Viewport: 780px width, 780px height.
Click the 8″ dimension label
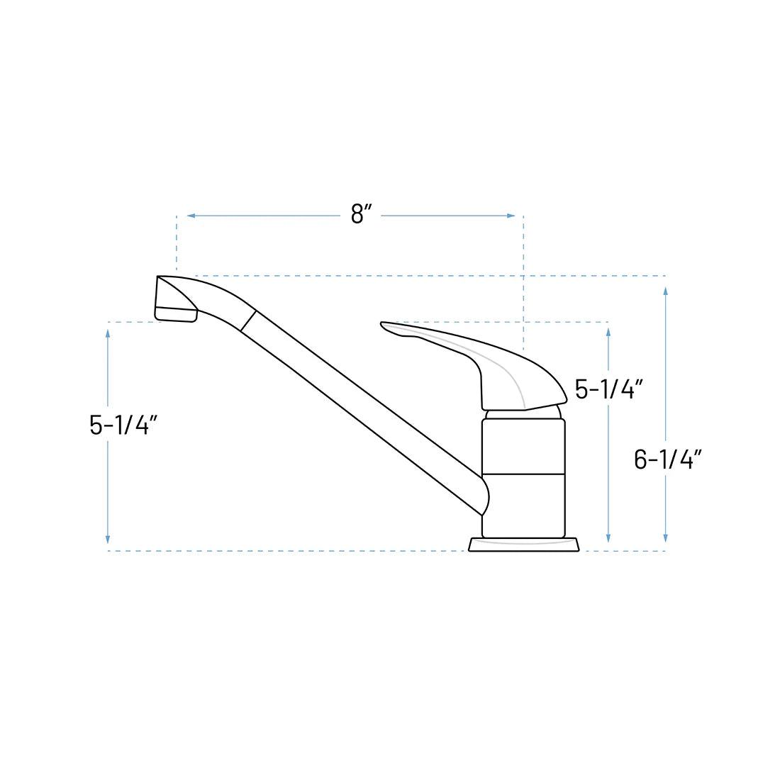(x=361, y=213)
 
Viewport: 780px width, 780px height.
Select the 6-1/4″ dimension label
(x=667, y=459)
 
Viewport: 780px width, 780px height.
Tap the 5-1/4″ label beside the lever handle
(x=608, y=389)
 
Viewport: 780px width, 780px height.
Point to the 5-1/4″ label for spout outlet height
(x=123, y=425)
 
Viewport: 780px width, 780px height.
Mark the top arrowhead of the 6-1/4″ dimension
(x=665, y=291)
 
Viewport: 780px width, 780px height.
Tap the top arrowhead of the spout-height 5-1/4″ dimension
(x=108, y=333)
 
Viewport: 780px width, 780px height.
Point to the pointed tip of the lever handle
(x=384, y=325)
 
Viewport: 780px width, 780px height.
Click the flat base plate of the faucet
(x=524, y=545)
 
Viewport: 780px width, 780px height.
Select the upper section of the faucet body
(x=523, y=446)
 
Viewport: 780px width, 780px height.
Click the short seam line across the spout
(x=248, y=321)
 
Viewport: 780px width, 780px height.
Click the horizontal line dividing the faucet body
(x=523, y=474)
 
